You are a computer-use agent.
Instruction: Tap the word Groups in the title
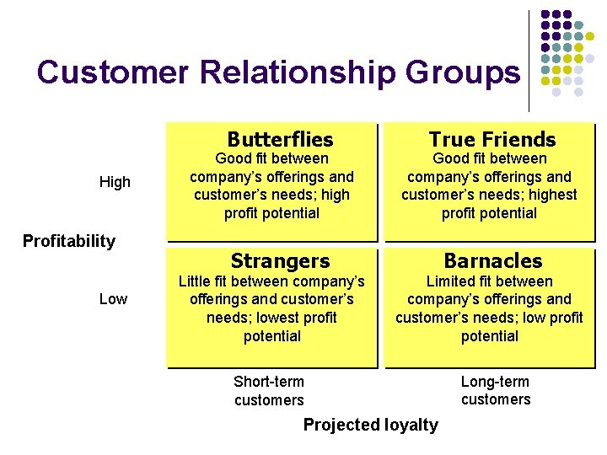[x=463, y=72]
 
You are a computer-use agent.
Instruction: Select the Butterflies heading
[x=280, y=140]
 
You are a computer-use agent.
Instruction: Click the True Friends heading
[x=492, y=140]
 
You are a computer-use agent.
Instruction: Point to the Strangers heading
[x=280, y=261]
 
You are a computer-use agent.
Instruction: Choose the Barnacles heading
[x=493, y=261]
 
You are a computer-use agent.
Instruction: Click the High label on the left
[x=115, y=182]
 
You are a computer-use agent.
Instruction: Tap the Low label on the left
[x=113, y=299]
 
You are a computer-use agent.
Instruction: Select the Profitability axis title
[x=68, y=242]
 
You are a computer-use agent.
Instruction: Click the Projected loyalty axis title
[x=371, y=425]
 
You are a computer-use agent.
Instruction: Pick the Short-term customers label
[x=269, y=391]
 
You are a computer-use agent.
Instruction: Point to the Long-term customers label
[x=496, y=391]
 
